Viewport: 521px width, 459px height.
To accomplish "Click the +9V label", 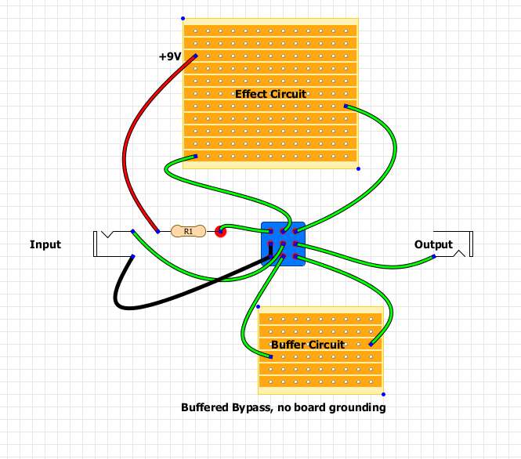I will pos(168,57).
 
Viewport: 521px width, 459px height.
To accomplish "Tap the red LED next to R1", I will pos(221,231).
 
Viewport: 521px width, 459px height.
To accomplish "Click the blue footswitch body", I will pos(282,244).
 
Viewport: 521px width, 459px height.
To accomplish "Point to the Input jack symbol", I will pos(106,244).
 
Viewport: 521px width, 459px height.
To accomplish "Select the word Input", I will pos(45,244).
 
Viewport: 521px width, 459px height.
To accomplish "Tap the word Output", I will pos(433,244).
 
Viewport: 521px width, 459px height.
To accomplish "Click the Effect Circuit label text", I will pos(270,94).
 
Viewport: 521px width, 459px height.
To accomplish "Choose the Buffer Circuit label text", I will pos(308,345).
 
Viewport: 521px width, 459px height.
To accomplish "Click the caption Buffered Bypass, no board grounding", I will pos(283,408).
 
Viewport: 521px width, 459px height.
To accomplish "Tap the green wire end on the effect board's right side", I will pos(346,106).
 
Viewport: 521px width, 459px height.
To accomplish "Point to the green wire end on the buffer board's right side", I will pos(371,344).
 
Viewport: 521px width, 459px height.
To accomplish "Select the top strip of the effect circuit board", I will pos(270,31).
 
